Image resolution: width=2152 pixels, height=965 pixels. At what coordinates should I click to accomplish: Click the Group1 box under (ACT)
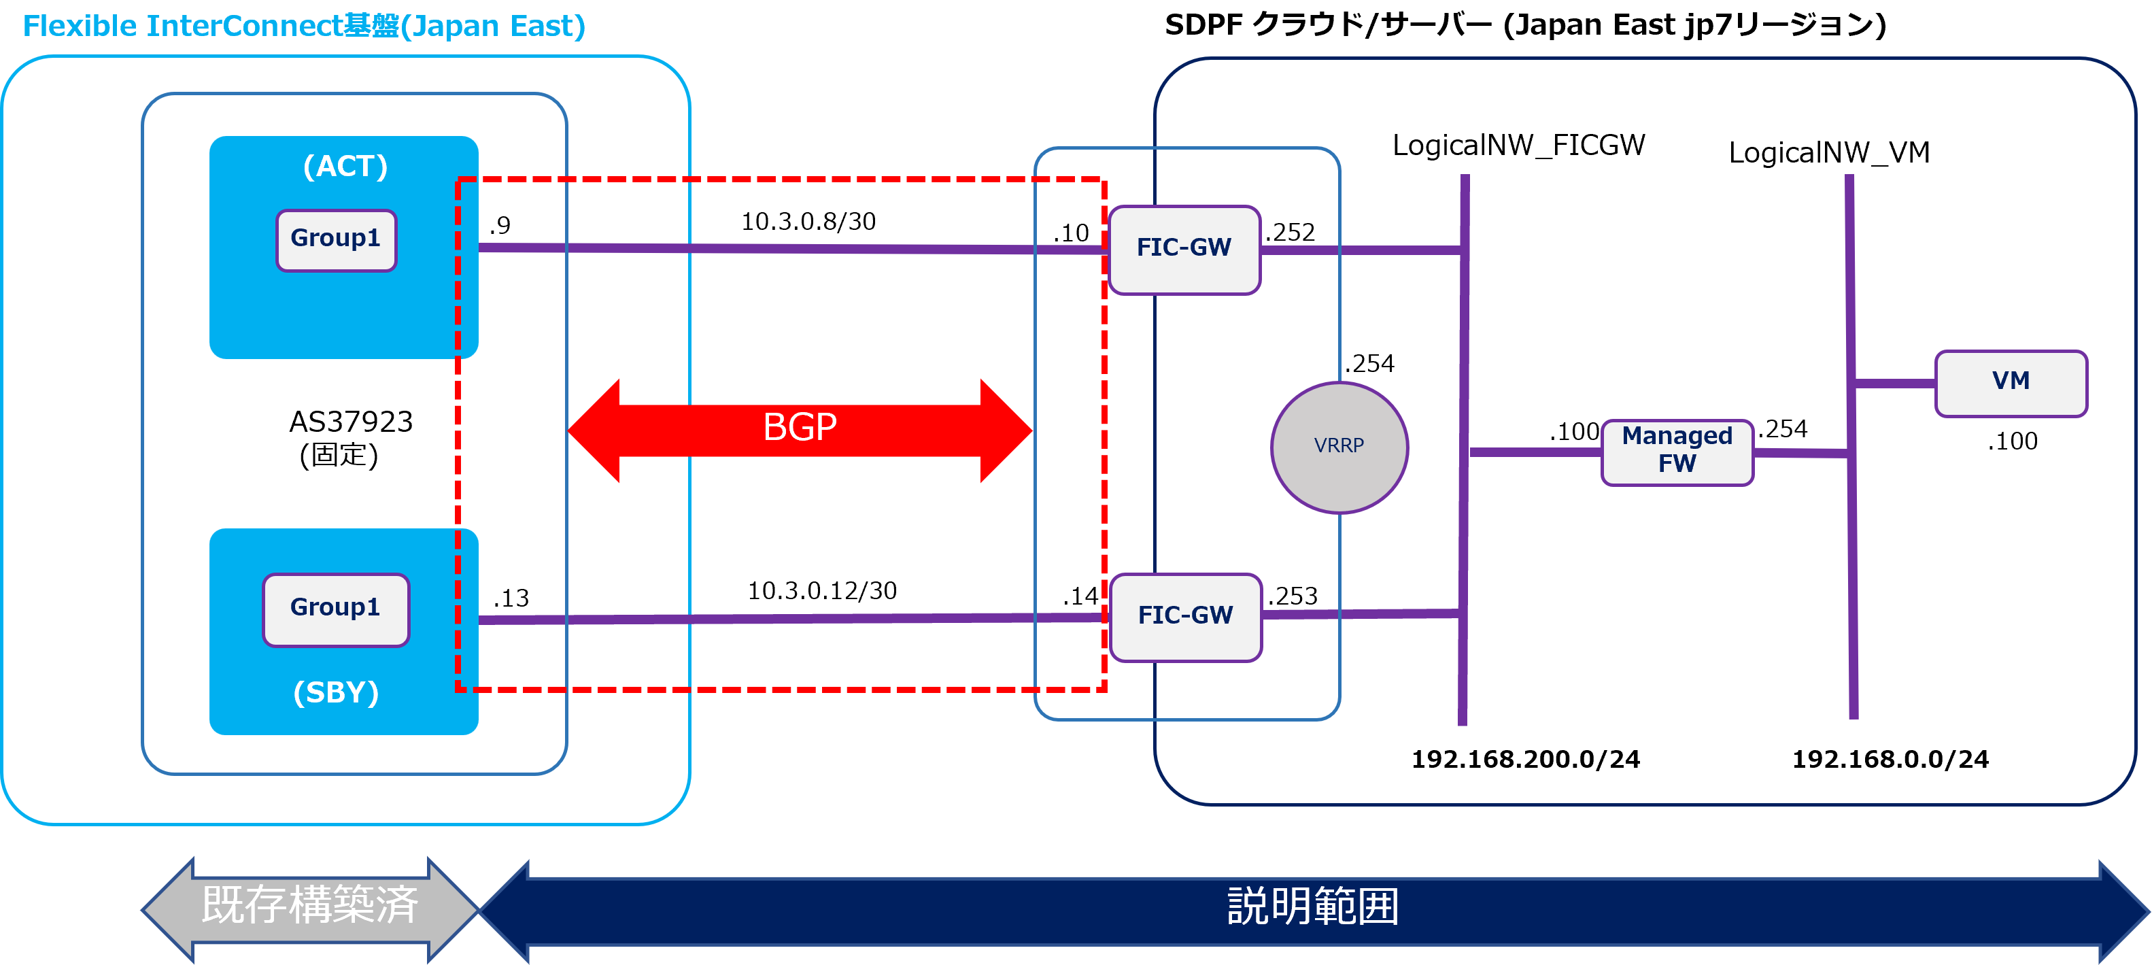pyautogui.click(x=336, y=240)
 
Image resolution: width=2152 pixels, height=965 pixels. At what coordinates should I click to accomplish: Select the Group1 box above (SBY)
pyautogui.click(x=336, y=609)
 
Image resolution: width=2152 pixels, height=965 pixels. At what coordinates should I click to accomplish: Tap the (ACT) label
pyautogui.click(x=345, y=166)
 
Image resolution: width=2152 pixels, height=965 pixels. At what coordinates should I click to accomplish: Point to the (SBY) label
pyautogui.click(x=336, y=692)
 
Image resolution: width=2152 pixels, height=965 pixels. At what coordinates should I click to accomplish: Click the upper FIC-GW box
pyautogui.click(x=1184, y=249)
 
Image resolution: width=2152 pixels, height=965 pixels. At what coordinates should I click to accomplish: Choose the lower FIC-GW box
pyautogui.click(x=1184, y=617)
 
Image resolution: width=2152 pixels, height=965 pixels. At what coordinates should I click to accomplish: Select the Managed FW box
pyautogui.click(x=1677, y=451)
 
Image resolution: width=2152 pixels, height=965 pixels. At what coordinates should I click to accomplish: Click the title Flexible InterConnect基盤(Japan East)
pyautogui.click(x=304, y=27)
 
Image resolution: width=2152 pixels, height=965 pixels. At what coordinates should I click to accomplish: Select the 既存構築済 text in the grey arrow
pyautogui.click(x=310, y=905)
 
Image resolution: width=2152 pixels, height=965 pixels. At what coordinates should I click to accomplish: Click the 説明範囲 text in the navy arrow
pyautogui.click(x=1312, y=907)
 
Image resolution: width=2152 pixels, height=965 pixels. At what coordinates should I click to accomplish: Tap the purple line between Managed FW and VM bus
pyautogui.click(x=1800, y=453)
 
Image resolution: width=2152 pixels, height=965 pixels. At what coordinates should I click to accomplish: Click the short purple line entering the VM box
pyautogui.click(x=1895, y=384)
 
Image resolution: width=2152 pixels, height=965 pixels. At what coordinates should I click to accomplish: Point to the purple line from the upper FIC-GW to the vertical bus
pyautogui.click(x=1360, y=249)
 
